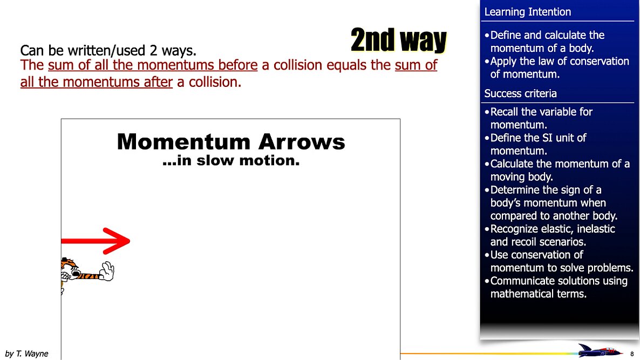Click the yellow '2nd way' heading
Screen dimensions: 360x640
tap(398, 40)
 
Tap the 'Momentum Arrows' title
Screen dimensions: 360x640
tap(230, 142)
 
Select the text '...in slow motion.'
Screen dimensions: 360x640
tap(230, 160)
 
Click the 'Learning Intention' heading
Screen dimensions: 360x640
tap(527, 12)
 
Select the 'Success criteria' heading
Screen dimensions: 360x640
tap(520, 93)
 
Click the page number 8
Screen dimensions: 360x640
tap(632, 354)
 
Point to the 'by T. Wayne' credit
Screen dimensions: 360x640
tap(26, 354)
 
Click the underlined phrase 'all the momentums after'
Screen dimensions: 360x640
tap(96, 83)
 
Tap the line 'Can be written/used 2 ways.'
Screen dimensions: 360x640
tap(108, 51)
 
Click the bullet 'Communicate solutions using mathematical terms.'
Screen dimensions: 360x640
tap(559, 287)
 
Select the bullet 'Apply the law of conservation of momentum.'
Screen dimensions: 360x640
tap(559, 67)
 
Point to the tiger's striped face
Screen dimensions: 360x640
tap(70, 270)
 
